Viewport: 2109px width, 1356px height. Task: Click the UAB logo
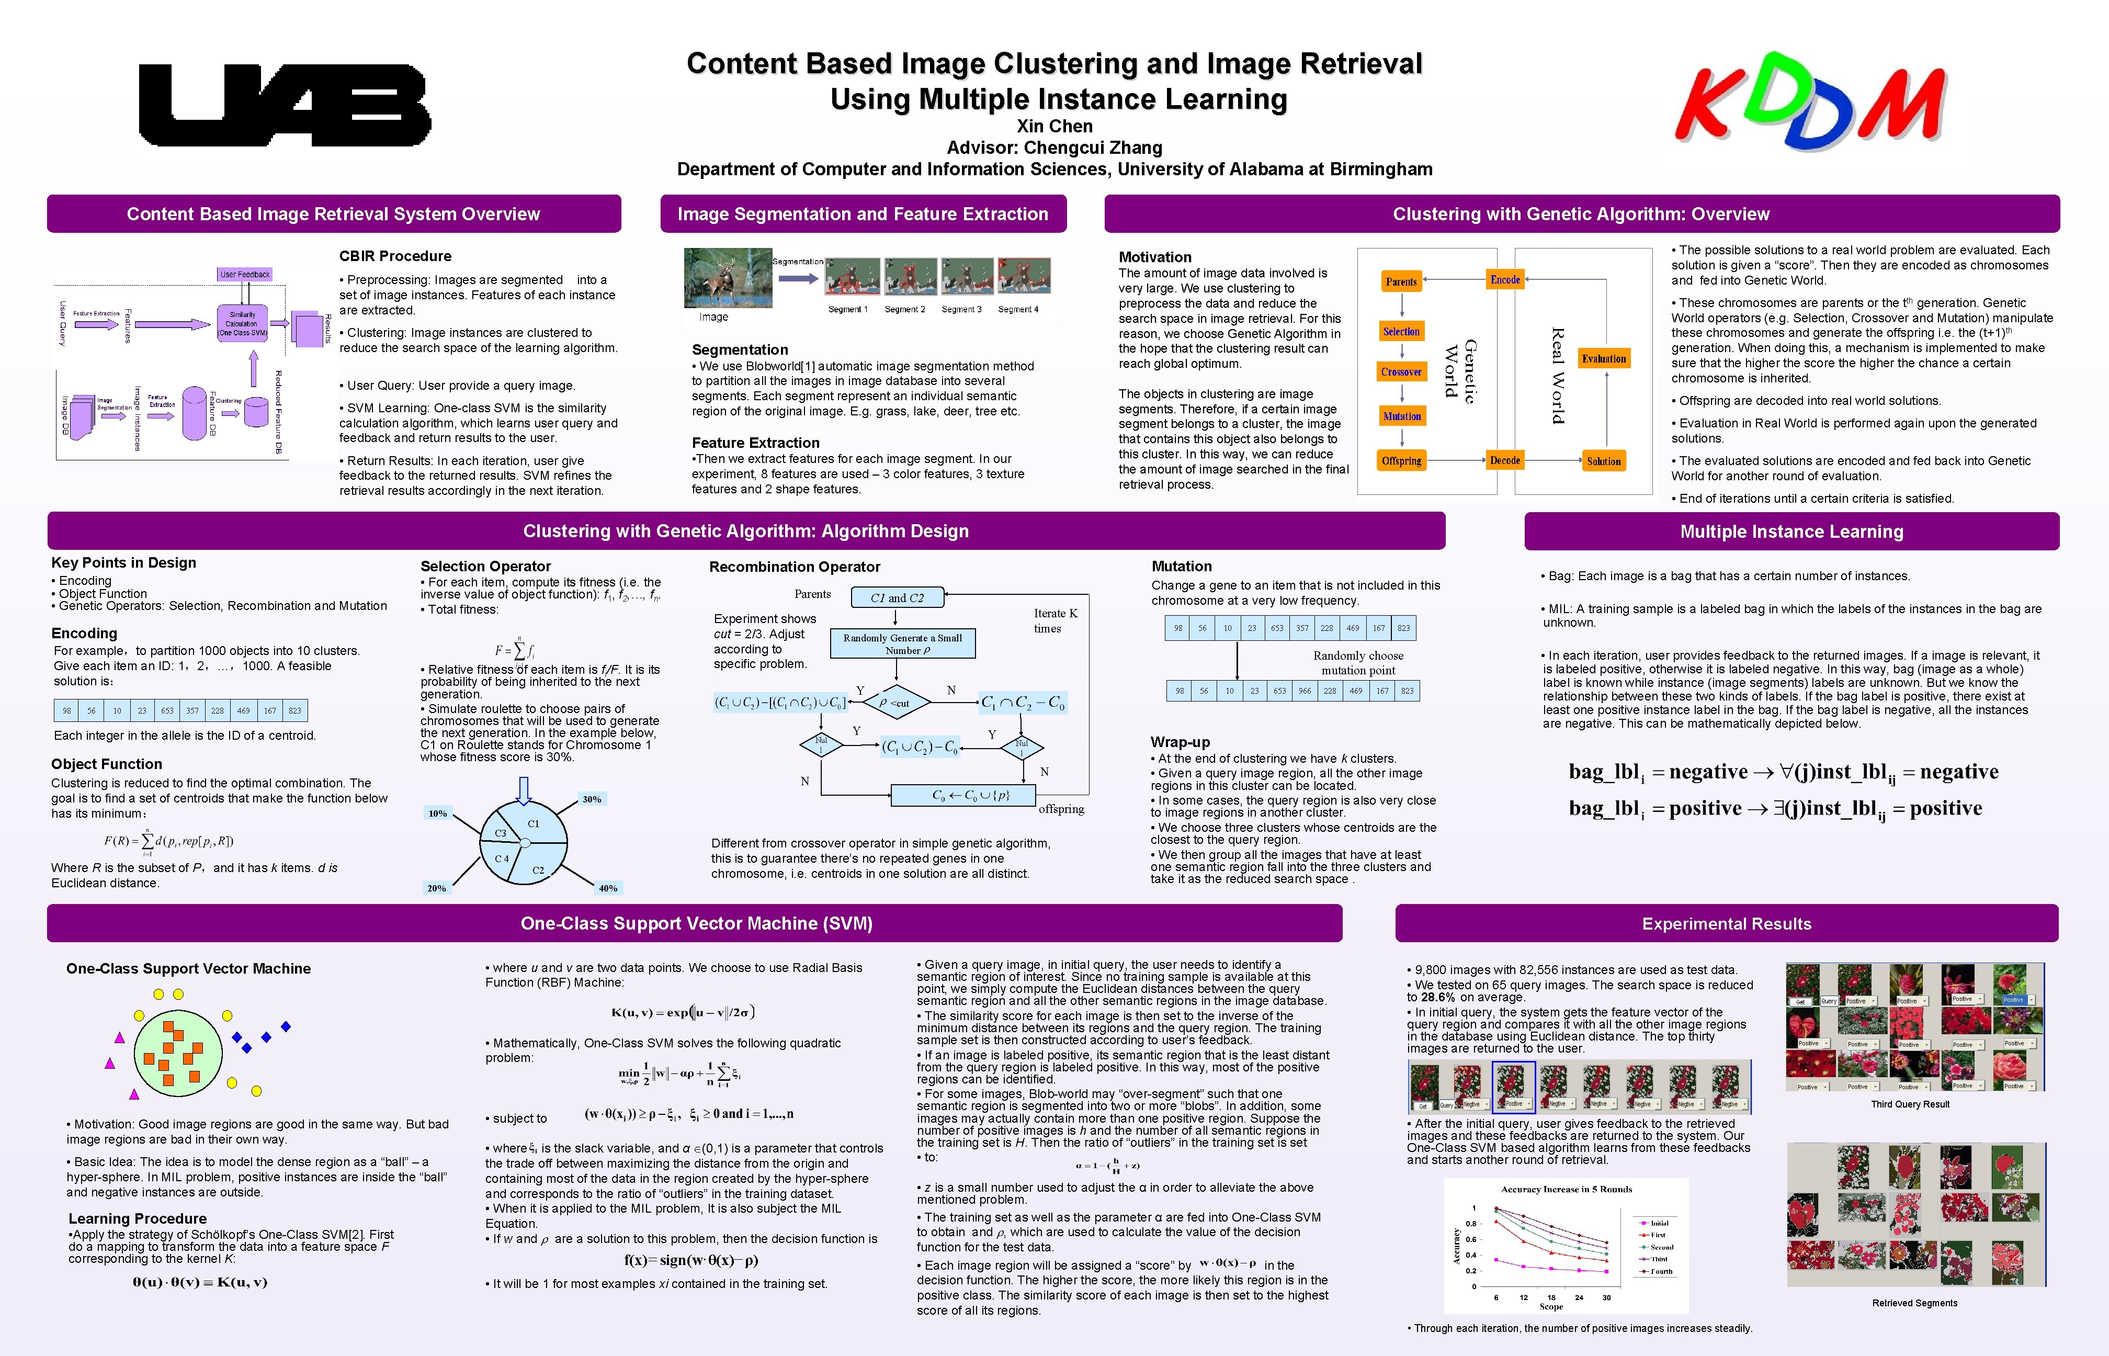(x=285, y=105)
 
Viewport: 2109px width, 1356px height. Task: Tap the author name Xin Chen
(x=1054, y=126)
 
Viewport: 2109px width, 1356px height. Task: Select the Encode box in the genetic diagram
(x=1505, y=280)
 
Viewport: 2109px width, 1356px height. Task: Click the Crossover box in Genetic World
(x=1401, y=372)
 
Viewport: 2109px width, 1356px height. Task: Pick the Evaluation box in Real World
(x=1604, y=358)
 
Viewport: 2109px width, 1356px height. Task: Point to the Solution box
(x=1604, y=461)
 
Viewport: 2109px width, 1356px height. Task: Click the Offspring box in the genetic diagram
(x=1401, y=460)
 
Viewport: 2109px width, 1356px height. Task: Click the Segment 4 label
(x=1018, y=310)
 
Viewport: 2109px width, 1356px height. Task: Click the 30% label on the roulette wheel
(x=592, y=799)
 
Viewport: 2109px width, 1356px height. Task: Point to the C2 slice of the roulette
(x=538, y=870)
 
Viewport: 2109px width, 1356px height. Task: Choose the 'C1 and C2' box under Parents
(x=897, y=598)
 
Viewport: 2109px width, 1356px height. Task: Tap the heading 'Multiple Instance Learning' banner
(x=1791, y=532)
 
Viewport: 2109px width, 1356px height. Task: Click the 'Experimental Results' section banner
(x=1726, y=924)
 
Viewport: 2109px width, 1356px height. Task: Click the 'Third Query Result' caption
(x=1910, y=1104)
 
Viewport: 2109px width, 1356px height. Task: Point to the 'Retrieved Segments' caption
(x=1914, y=1303)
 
